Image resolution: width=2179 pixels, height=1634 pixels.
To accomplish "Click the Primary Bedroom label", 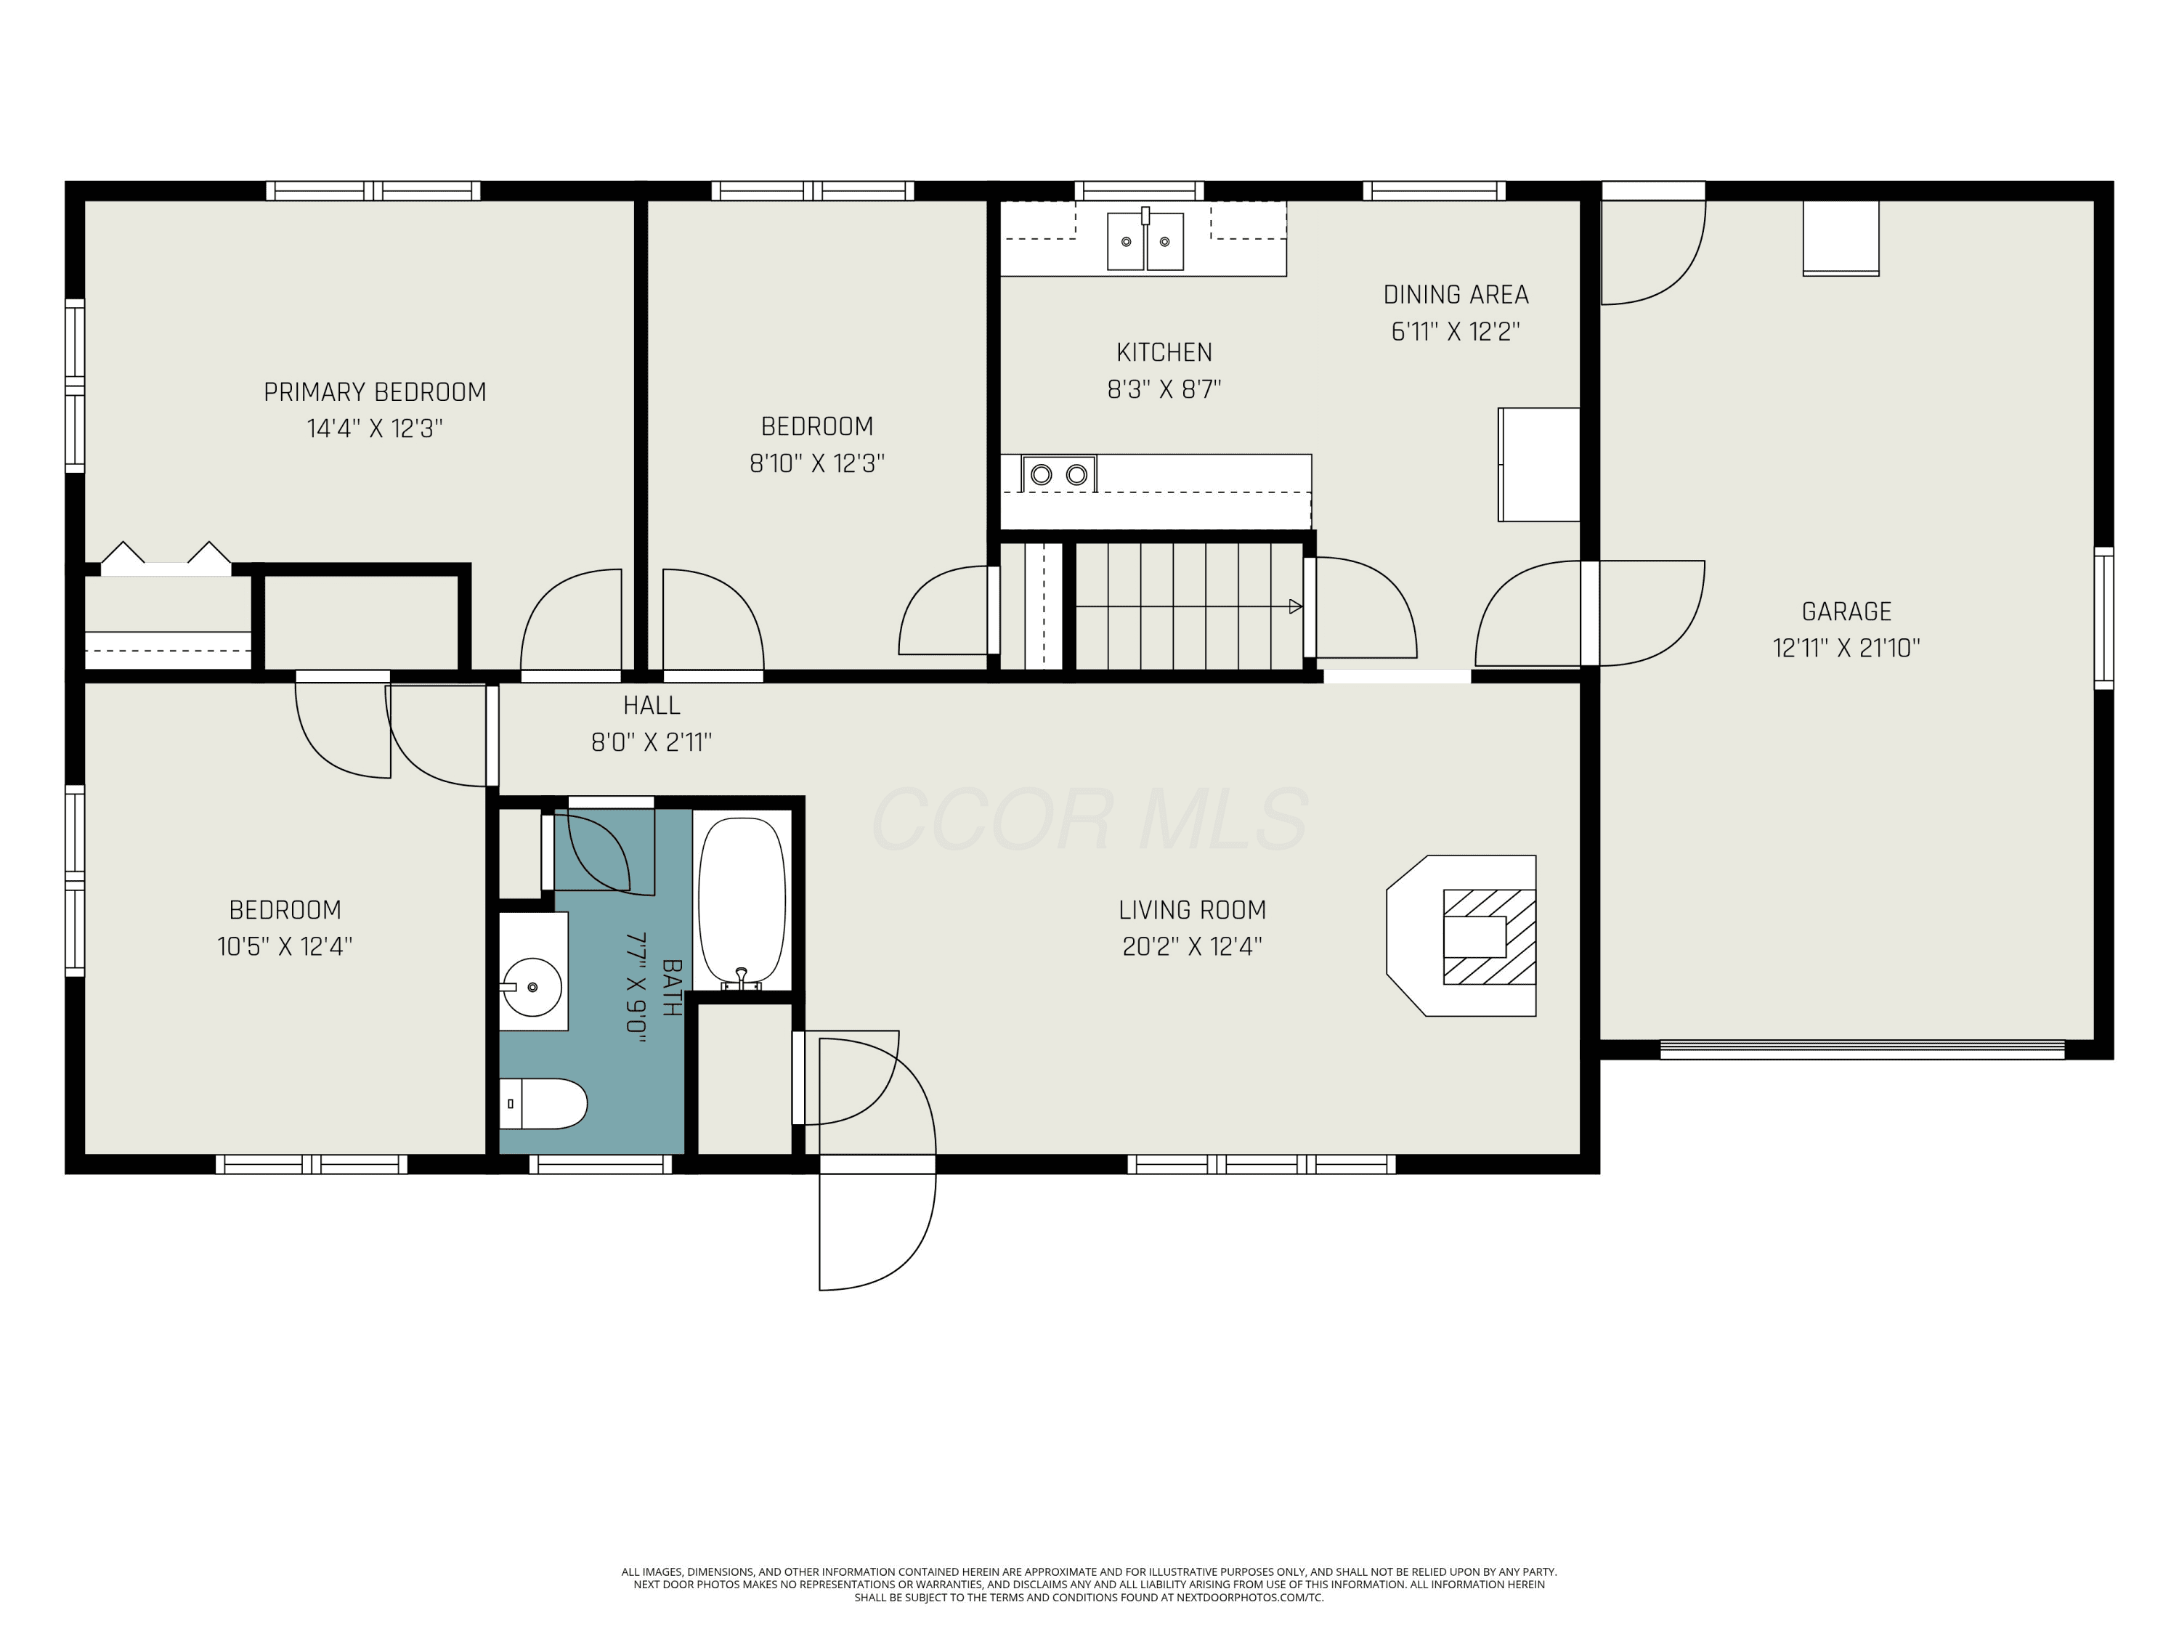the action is (374, 392).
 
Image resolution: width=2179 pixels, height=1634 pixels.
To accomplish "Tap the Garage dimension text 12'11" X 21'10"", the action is (1846, 647).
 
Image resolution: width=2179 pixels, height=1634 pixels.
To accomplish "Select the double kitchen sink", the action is (1145, 240).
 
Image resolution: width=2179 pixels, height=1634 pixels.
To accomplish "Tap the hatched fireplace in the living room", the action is (1488, 937).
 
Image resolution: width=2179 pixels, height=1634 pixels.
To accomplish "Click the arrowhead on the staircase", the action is (1295, 606).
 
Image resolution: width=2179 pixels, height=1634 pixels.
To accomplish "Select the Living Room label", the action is (1192, 910).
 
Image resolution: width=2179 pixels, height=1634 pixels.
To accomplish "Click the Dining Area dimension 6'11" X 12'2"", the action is (1455, 331).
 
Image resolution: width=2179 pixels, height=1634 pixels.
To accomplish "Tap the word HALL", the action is (651, 705).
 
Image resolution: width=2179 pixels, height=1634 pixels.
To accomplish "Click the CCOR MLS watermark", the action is (1089, 818).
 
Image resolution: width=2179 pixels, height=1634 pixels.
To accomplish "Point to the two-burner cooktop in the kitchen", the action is (1059, 473).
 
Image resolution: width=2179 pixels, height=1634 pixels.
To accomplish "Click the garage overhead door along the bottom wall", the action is (1862, 1050).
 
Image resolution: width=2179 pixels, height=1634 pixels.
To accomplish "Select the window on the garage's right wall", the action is (2103, 617).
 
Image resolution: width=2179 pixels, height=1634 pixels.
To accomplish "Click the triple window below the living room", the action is (1261, 1164).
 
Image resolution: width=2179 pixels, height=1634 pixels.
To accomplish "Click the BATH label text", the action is (672, 988).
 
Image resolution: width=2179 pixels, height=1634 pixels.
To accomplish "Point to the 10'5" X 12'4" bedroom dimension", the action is (285, 946).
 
